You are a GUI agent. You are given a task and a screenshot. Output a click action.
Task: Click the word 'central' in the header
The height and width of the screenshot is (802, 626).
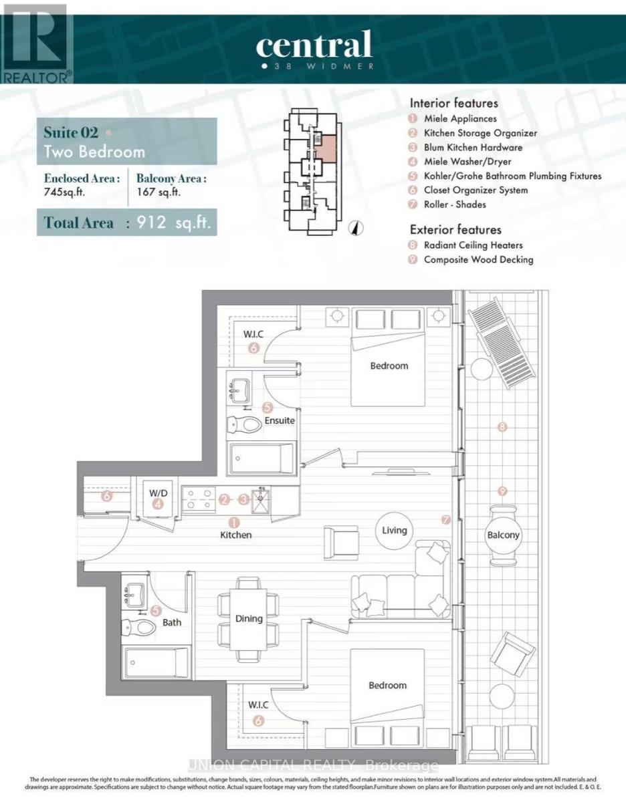coord(313,45)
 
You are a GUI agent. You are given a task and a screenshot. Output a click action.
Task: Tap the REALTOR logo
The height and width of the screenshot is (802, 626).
coord(36,43)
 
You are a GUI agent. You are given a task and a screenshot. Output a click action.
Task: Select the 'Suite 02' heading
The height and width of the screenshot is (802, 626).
coord(71,131)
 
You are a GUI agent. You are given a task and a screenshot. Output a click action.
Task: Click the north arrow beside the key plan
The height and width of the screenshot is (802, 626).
coord(356,227)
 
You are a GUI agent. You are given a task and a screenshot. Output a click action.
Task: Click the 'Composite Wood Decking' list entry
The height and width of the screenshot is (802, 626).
coord(478,259)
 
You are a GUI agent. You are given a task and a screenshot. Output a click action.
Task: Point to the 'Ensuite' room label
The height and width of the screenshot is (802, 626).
coord(280,420)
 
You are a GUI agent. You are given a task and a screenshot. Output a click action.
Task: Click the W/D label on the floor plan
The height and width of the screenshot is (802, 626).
coord(158,493)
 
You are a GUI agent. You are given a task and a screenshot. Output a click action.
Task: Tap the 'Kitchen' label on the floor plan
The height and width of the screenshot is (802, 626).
coord(237,535)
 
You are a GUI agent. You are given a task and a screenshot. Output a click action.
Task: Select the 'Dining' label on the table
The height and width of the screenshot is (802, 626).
coord(249,618)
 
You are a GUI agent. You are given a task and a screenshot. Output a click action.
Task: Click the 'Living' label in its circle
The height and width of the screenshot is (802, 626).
coord(395,530)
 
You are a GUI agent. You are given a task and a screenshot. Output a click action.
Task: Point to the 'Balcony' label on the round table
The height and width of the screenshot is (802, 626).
coord(503,535)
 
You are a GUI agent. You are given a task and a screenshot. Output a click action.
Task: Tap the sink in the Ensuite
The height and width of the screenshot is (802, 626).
coord(239,389)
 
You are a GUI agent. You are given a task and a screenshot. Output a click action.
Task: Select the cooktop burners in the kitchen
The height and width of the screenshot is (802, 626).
coord(199,499)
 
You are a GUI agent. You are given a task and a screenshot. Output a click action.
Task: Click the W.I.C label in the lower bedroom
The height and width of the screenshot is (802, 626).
coord(257,705)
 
